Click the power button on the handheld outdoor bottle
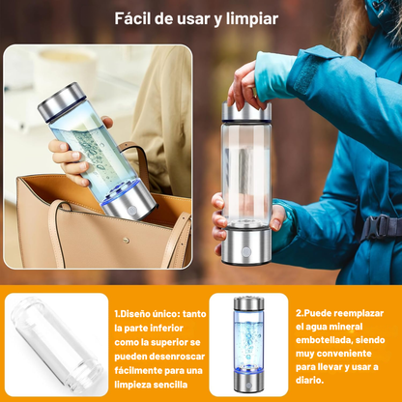[x=246, y=251]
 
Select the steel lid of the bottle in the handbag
[x=61, y=100]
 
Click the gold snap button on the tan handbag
[x=127, y=240]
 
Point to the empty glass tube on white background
[x=57, y=345]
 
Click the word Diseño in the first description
[x=134, y=313]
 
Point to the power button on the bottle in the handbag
[x=132, y=211]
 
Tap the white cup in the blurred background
[x=65, y=70]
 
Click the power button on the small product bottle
[x=248, y=385]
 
